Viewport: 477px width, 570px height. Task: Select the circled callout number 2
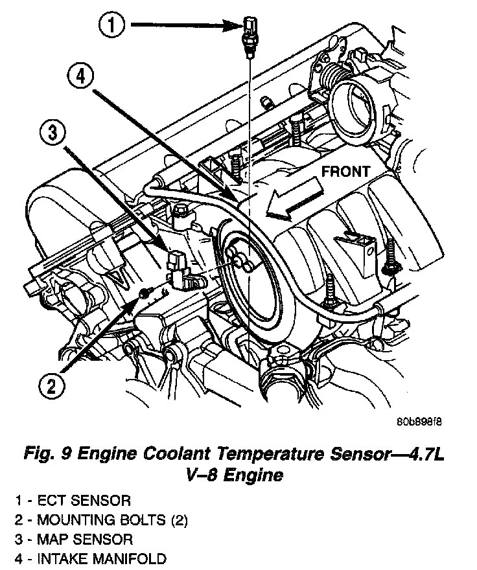click(52, 386)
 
